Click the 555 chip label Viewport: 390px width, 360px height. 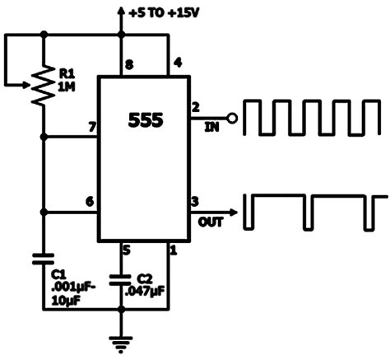point(146,120)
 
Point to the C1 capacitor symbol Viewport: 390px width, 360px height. point(44,258)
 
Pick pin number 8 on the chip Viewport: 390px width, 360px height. point(127,64)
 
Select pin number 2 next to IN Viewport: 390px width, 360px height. point(196,107)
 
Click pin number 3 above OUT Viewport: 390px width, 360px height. point(196,202)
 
